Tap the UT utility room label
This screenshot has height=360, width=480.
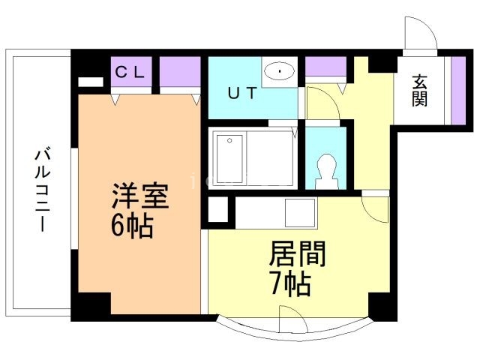(x=241, y=94)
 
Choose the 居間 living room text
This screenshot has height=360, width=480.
(x=297, y=256)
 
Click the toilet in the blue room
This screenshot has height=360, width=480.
(x=326, y=171)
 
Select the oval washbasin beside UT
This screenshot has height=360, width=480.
(x=280, y=72)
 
